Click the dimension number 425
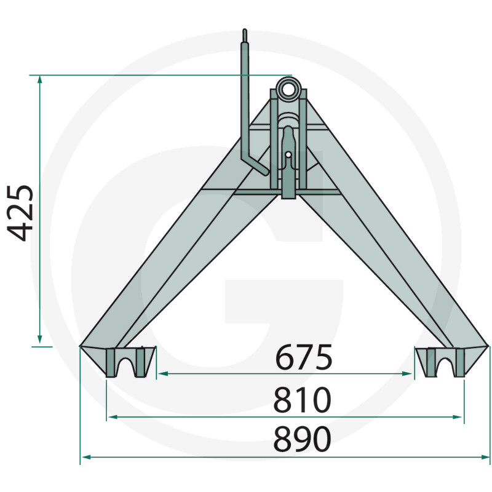point(20,213)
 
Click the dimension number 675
point(303,357)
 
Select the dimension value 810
point(302,400)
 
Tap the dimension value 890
point(302,438)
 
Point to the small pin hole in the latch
point(288,155)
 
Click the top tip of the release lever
point(245,30)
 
